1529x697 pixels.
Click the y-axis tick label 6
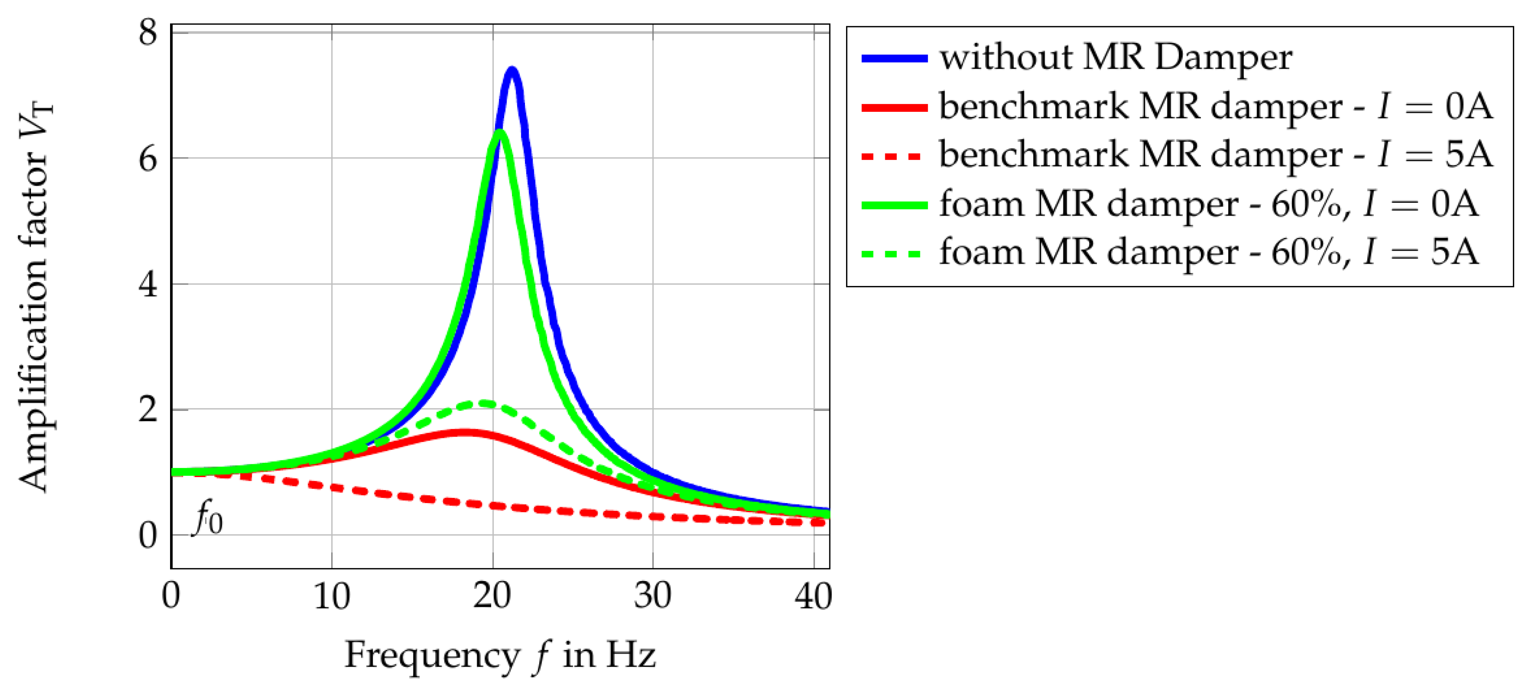pos(148,158)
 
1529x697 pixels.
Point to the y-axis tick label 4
pos(148,284)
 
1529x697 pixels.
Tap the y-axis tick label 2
pos(148,410)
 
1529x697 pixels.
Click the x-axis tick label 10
pos(331,596)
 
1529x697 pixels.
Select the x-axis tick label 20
pos(492,596)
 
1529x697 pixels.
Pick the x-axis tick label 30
pos(652,596)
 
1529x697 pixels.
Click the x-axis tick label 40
pos(813,596)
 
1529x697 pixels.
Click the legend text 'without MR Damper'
pos(1115,58)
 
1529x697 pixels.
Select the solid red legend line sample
pos(894,107)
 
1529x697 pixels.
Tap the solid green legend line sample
pos(894,205)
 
